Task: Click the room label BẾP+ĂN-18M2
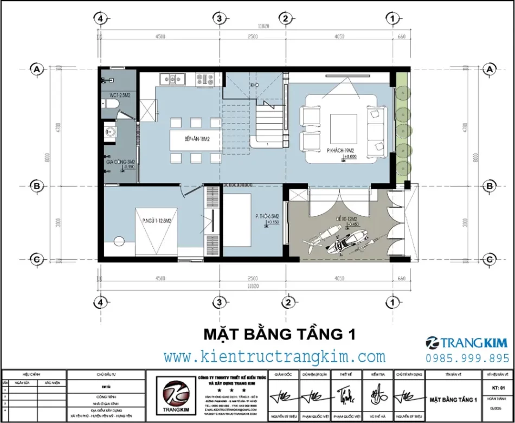[196, 139]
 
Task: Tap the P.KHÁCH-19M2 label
[340, 150]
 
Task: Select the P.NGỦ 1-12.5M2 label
[157, 221]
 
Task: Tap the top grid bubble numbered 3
[218, 18]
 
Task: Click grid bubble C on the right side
[490, 259]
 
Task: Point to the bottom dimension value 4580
[159, 279]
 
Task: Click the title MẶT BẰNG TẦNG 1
[279, 333]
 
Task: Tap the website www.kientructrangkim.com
[274, 356]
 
